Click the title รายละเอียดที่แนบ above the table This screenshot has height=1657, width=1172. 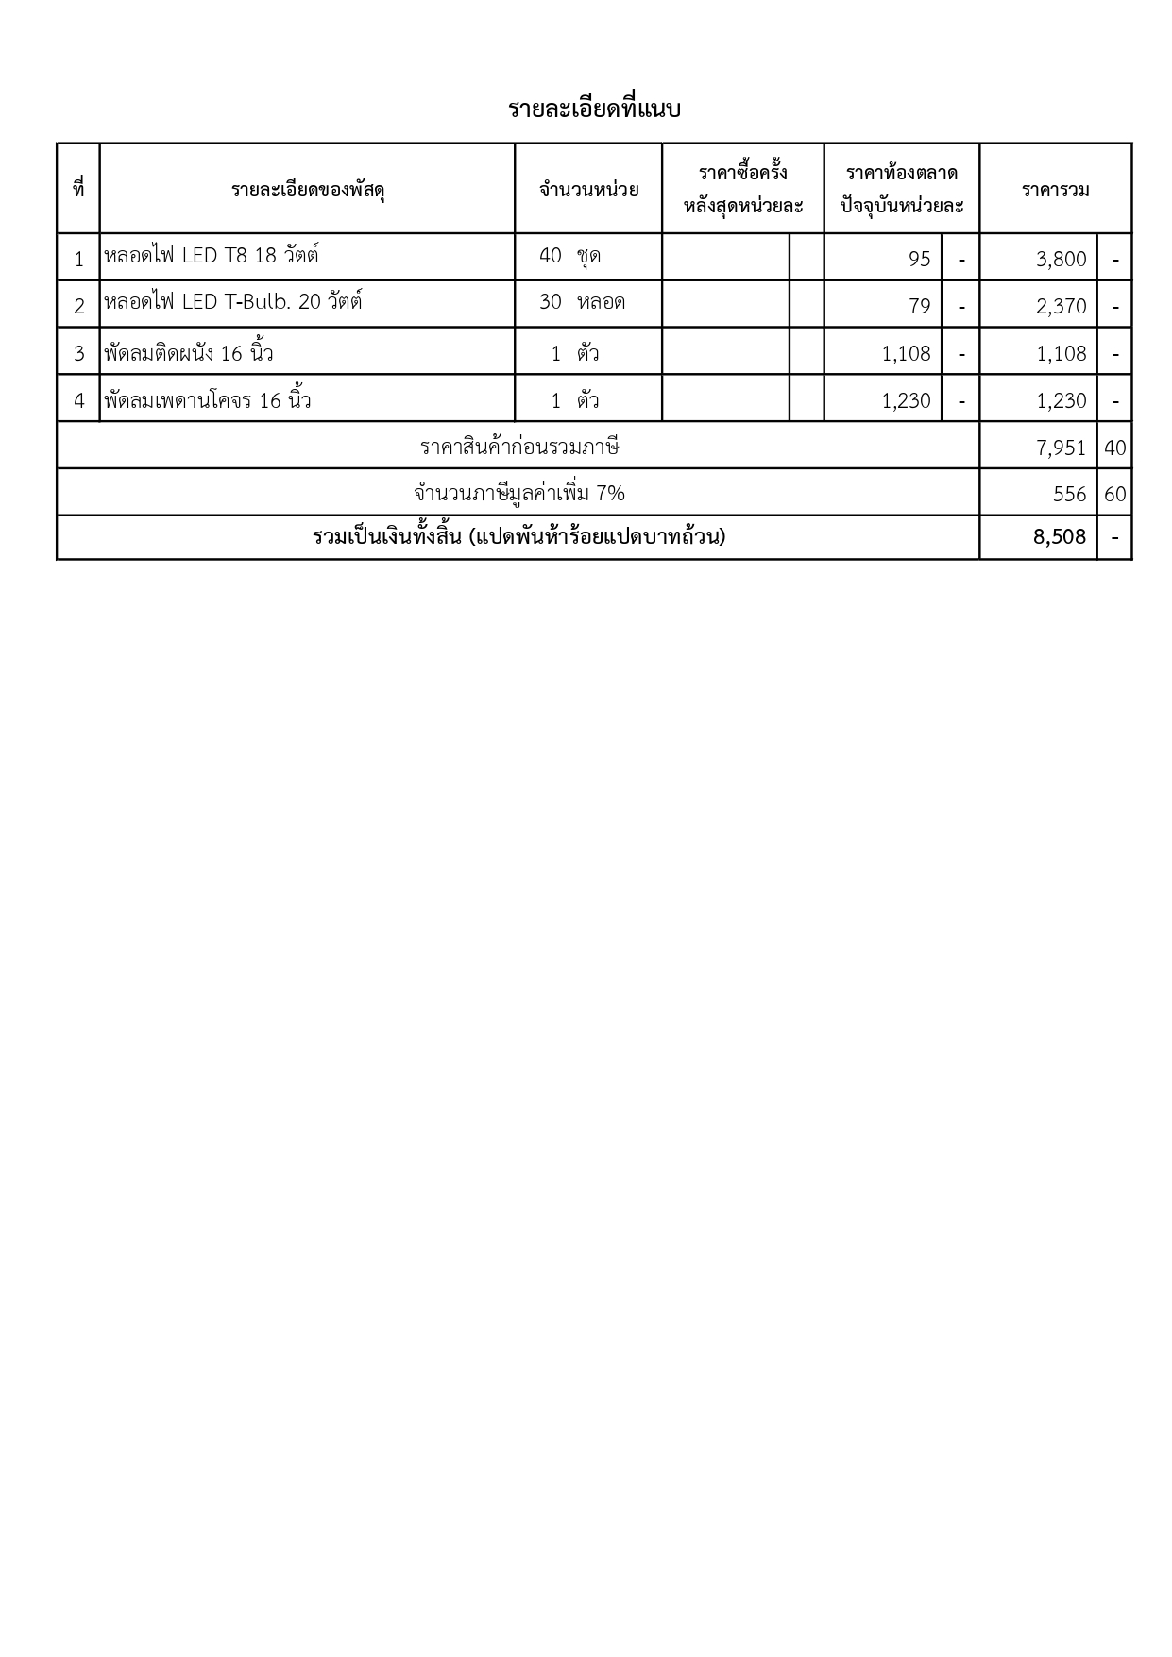(x=594, y=110)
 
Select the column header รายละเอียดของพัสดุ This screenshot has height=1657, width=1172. (x=308, y=190)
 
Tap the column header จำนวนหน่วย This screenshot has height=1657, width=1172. (x=588, y=190)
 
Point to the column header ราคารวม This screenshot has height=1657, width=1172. (x=1055, y=190)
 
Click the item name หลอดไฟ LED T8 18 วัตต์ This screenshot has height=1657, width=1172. (x=212, y=256)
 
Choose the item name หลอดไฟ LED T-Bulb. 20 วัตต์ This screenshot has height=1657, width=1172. (x=233, y=303)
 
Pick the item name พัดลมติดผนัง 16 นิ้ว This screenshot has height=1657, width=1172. (x=189, y=353)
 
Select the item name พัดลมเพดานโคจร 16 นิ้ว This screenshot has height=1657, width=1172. (x=208, y=400)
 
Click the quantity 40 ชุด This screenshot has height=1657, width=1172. (x=569, y=256)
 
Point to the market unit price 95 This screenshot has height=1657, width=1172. (x=919, y=259)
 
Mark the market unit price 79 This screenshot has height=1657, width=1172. (x=919, y=306)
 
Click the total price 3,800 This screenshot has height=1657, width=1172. (x=1061, y=259)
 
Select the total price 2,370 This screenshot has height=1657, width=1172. (x=1061, y=306)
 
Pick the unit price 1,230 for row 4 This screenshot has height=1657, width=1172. (x=906, y=400)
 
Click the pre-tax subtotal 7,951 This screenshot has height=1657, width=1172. (x=1061, y=448)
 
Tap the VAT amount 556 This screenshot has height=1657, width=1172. (x=1069, y=494)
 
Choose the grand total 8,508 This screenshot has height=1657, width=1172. (x=1060, y=537)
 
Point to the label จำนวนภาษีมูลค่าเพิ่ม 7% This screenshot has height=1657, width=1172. (x=518, y=493)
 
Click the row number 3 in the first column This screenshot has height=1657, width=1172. (x=79, y=353)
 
